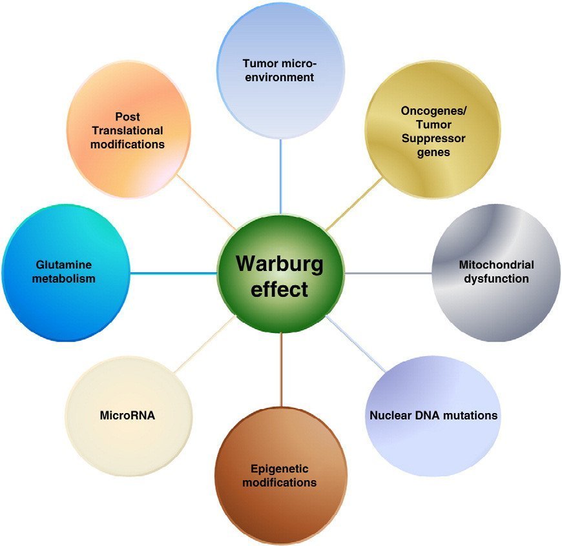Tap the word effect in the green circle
pos(279,289)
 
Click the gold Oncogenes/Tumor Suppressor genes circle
pos(433,129)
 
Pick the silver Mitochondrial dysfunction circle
pos(496,273)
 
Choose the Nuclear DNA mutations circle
pos(433,416)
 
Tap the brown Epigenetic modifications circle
pos(281,476)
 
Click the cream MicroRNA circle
pos(129,416)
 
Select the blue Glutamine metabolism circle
pos(66,273)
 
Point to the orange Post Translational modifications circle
pos(129,129)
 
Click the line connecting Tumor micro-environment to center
pos(280,176)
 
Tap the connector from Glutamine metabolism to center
pos(174,274)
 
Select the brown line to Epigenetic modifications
pos(282,369)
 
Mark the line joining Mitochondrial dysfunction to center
pos(388,273)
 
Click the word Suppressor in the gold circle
pos(433,138)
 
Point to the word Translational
pos(128,130)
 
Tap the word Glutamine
pos(64,265)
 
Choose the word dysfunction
pos(496,279)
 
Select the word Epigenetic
pos(280,469)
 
